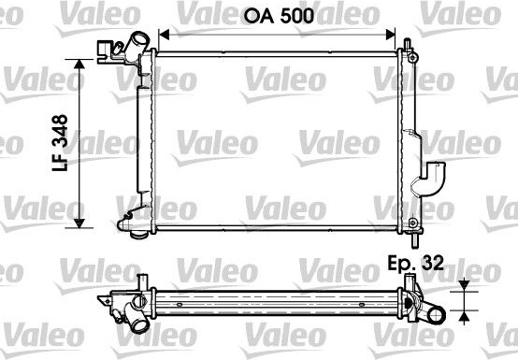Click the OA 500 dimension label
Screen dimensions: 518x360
[x=279, y=16]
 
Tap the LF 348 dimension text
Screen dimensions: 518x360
[x=60, y=143]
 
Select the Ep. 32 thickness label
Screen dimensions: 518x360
[x=415, y=264]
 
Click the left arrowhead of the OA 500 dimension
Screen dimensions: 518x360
[x=164, y=34]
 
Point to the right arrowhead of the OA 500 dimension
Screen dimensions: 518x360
[x=391, y=34]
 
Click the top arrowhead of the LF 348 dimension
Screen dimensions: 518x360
[x=79, y=65]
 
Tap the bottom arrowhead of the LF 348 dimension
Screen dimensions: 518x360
[x=79, y=223]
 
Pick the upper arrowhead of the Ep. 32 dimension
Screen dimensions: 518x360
[x=465, y=285]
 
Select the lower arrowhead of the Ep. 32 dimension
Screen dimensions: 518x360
[x=465, y=317]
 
